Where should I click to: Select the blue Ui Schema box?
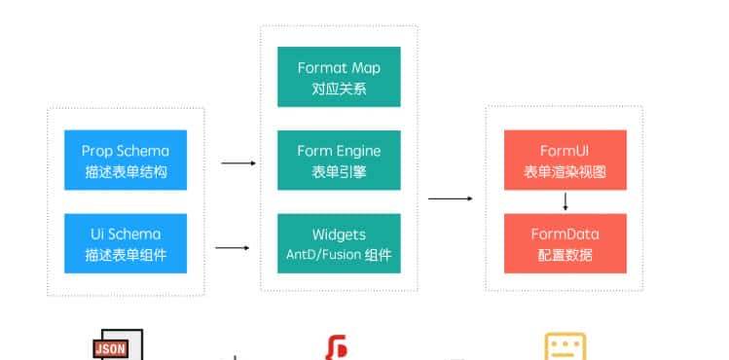[x=125, y=243]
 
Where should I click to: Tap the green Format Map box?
[x=339, y=77]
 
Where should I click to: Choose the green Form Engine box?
[x=339, y=160]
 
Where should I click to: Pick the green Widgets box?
[x=339, y=243]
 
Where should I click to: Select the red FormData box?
[x=565, y=243]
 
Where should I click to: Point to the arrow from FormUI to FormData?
[x=565, y=201]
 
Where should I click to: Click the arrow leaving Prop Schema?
[x=237, y=163]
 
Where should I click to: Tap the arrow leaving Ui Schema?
[x=232, y=248]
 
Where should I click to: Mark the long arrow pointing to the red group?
[x=450, y=198]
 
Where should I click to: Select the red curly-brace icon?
[x=337, y=348]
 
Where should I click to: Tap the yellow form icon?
[x=565, y=347]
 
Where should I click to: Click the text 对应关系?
[x=339, y=87]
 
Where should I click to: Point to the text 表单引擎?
[x=339, y=170]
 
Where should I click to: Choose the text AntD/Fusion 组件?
[x=339, y=254]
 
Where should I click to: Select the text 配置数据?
[x=565, y=254]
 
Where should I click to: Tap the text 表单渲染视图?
[x=565, y=170]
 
